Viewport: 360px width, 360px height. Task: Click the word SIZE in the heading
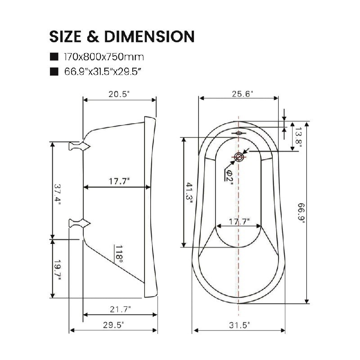pos(65,36)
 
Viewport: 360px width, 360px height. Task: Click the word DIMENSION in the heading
pos(149,36)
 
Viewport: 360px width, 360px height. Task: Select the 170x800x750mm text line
pos(104,57)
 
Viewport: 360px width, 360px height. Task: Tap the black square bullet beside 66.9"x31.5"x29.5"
pos(54,72)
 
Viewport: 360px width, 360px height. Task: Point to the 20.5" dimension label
pos(119,94)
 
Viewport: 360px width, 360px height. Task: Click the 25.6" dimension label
pos(243,94)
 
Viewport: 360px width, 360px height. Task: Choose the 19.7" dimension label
pos(58,270)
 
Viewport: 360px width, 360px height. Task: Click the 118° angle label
pos(119,254)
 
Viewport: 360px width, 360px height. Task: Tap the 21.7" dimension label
pos(120,309)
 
